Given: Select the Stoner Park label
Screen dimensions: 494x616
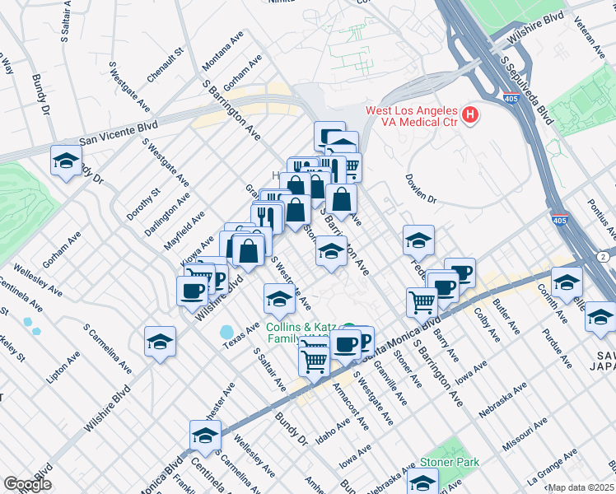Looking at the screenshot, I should [449, 463].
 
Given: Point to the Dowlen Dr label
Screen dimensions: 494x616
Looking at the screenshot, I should [420, 187].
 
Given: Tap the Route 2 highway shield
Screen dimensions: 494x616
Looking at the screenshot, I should [605, 257].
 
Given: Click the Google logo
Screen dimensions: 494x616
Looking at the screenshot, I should [27, 484].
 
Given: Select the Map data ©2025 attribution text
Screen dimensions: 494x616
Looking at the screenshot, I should [581, 487].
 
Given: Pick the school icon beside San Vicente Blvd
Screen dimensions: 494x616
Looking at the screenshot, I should [67, 162].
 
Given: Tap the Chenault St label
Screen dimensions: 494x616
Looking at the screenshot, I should [164, 65].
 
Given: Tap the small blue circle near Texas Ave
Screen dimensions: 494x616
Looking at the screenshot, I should [226, 332].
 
